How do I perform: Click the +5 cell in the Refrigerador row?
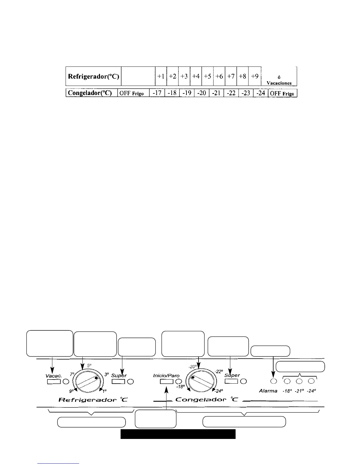point(207,76)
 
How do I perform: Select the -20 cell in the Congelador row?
point(201,93)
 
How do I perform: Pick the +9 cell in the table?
point(255,76)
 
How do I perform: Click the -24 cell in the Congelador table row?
point(261,93)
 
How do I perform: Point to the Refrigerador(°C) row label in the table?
point(94,76)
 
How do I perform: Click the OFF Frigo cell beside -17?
point(133,93)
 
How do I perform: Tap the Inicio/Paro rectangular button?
point(166,382)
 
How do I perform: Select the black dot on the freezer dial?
point(193,377)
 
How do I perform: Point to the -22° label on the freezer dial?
point(219,371)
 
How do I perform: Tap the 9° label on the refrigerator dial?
point(71,391)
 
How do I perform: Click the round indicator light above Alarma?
point(274,381)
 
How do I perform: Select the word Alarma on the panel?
point(268,391)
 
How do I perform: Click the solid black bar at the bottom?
point(178,434)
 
